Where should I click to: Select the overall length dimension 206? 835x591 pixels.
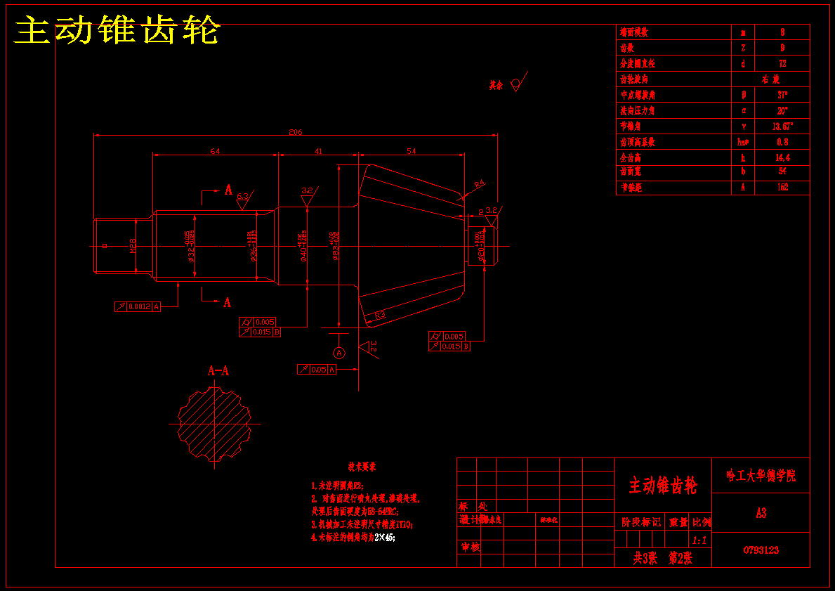(295, 131)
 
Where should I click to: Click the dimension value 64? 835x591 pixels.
(215, 151)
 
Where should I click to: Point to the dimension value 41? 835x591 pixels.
(318, 151)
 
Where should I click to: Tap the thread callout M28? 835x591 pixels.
(133, 245)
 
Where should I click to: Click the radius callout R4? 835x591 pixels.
(479, 185)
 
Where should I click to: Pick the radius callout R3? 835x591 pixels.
(379, 316)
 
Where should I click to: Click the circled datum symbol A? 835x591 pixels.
(339, 352)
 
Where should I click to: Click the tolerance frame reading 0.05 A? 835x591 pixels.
(317, 369)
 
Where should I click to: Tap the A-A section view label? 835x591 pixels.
(218, 370)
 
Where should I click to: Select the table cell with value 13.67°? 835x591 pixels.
(782, 126)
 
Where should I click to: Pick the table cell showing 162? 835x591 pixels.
(782, 188)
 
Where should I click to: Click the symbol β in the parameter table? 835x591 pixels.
(743, 95)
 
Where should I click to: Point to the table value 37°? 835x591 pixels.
(782, 95)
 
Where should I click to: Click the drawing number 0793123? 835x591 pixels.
(761, 550)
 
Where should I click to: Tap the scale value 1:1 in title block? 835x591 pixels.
(699, 540)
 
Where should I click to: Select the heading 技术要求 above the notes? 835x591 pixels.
(362, 467)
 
